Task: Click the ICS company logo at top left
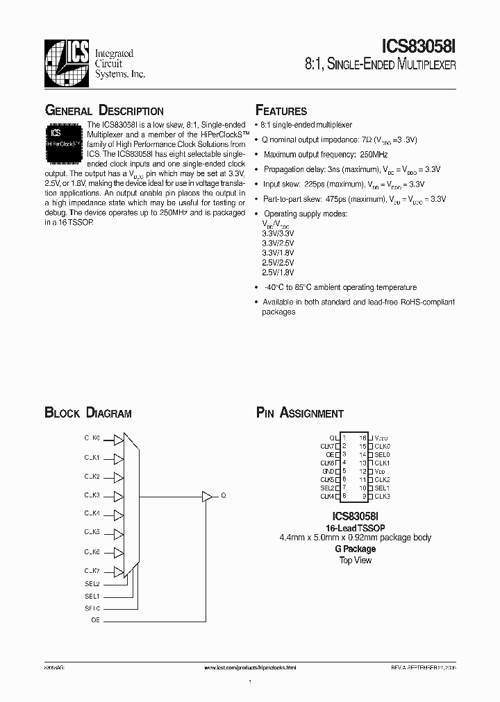pos(66,60)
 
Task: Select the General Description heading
pos(104,111)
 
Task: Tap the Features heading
pos(281,111)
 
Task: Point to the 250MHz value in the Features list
pos(374,155)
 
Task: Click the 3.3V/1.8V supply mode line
pos(278,253)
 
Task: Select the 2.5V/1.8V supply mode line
pos(278,273)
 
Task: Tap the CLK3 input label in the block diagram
pos(92,495)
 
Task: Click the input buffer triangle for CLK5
pos(119,533)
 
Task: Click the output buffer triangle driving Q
pos(206,496)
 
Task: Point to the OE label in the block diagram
pos(95,620)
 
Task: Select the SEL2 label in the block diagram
pos(92,583)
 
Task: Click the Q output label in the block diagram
pos(223,496)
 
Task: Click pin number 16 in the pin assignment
pos(362,438)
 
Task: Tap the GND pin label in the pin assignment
pos(328,471)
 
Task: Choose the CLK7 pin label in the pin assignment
pos(328,446)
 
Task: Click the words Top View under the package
pos(355,560)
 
